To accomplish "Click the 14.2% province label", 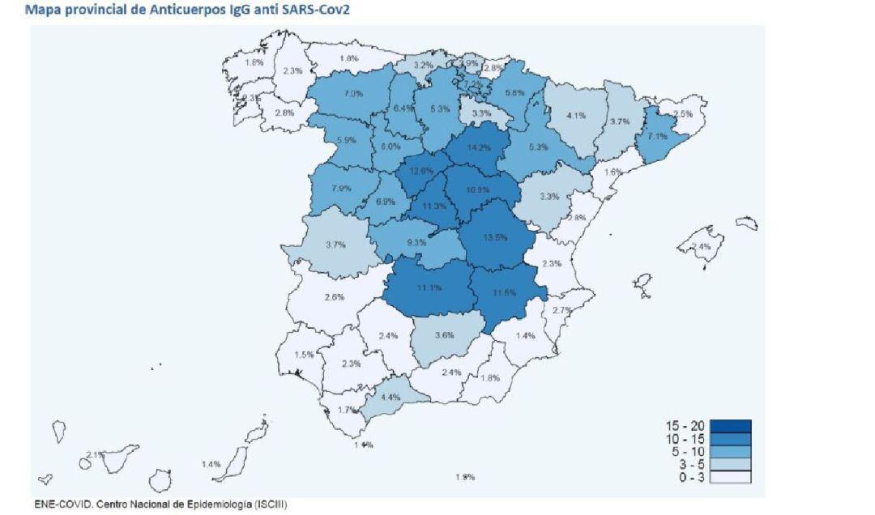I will click(x=480, y=148).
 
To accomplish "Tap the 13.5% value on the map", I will click(x=495, y=237).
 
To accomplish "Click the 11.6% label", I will click(x=504, y=292).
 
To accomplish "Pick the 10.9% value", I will click(x=479, y=189).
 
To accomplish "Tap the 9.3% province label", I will click(x=417, y=242).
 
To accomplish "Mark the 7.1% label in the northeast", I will click(x=656, y=137).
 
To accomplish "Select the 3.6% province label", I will click(x=444, y=335).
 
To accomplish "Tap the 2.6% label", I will click(x=335, y=297).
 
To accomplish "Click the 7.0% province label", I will click(x=353, y=94).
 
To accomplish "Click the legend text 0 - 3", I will click(x=687, y=478).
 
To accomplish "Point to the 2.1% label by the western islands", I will click(x=95, y=455).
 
